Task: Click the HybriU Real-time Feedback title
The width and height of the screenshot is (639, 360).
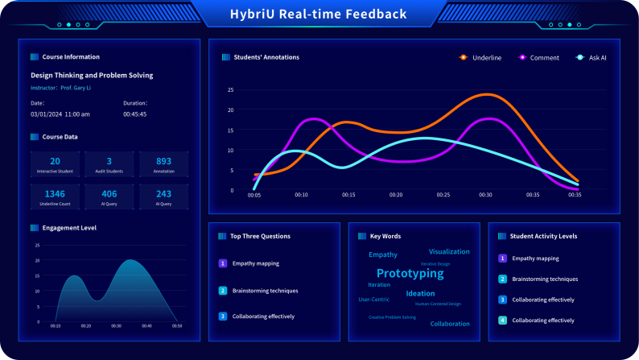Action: click(319, 14)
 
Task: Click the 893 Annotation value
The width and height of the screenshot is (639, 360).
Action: click(163, 161)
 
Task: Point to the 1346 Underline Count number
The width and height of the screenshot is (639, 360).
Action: click(55, 193)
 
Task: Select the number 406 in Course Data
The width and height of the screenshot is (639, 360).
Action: click(109, 193)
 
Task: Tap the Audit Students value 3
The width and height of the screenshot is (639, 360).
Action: click(109, 161)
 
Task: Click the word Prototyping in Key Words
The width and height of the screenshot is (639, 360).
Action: click(410, 273)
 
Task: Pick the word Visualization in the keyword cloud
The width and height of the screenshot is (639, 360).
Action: click(449, 251)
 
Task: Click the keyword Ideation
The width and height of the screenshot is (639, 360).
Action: click(420, 293)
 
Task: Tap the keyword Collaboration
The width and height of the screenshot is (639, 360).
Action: click(450, 324)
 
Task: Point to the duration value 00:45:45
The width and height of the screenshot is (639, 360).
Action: click(135, 114)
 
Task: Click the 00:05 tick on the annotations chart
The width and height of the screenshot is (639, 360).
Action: click(254, 195)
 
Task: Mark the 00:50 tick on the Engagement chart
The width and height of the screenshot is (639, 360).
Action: click(177, 326)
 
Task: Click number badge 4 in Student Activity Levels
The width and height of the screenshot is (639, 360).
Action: click(502, 320)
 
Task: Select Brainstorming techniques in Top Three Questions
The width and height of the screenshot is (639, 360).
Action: click(265, 290)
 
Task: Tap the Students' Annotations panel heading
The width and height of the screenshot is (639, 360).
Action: click(266, 57)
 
